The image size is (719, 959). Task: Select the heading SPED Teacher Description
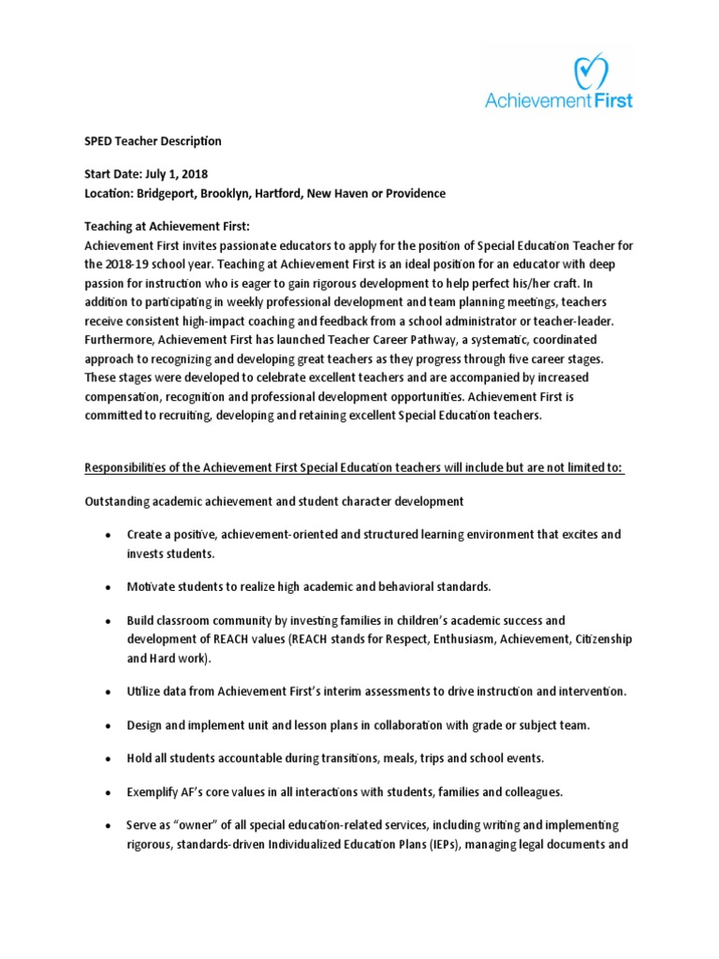(x=153, y=141)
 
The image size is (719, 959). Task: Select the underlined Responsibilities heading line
(x=355, y=467)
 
